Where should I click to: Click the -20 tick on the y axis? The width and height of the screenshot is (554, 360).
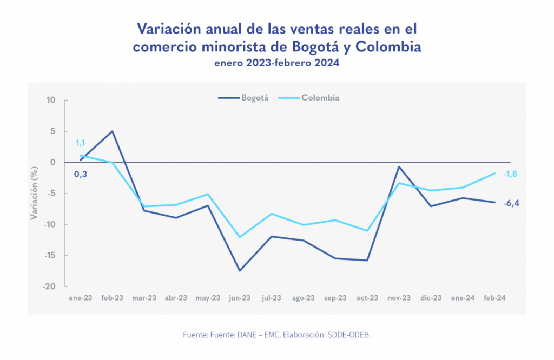50,287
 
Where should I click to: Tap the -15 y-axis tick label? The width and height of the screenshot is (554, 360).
50,256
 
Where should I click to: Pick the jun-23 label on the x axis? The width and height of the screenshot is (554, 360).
240,298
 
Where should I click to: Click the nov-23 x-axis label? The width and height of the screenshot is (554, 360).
399,298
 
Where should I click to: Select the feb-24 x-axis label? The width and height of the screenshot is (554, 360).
494,298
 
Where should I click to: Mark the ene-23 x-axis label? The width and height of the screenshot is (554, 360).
81,298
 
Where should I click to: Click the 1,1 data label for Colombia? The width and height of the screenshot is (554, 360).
80,143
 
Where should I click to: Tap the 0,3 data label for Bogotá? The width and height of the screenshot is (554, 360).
81,174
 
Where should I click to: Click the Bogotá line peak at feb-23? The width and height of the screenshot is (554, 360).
112,131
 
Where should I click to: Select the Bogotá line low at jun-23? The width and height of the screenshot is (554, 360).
240,270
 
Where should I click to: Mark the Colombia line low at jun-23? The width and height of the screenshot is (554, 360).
240,237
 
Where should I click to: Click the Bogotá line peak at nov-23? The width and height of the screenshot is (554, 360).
399,166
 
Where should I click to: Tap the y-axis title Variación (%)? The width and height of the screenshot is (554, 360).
34,194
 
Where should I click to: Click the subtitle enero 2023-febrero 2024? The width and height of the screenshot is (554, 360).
276,63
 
